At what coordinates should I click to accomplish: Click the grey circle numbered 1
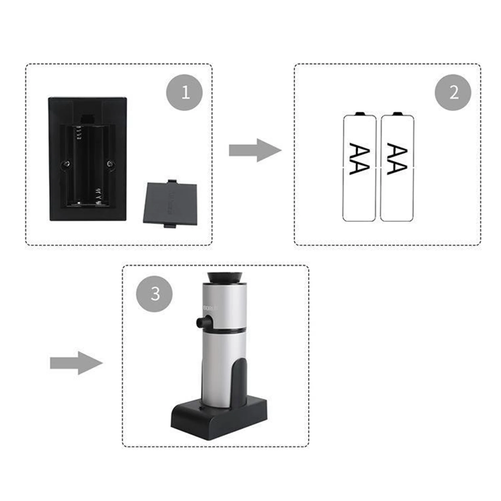tap(184, 92)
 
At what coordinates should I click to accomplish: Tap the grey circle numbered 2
tap(453, 92)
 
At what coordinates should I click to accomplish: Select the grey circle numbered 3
tap(154, 294)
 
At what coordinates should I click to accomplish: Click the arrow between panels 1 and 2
tap(255, 150)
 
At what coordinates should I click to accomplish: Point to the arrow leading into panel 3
tap(76, 363)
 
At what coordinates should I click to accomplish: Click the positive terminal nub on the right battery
tap(397, 113)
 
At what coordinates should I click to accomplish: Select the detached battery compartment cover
tap(170, 204)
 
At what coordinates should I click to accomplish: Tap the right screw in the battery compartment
tap(110, 164)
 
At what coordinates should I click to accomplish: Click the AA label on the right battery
tap(397, 159)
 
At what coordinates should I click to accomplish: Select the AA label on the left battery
tap(359, 159)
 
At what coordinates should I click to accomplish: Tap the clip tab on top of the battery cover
tap(172, 181)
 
